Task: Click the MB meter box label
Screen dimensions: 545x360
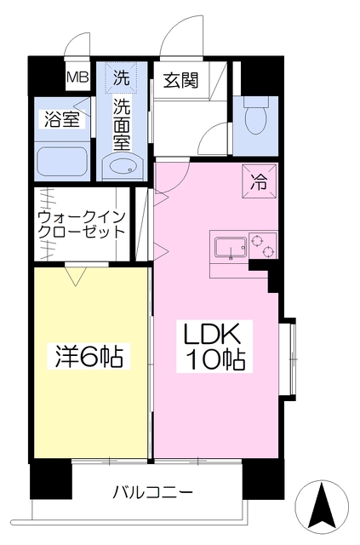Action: click(77, 77)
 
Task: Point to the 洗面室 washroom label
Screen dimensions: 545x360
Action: click(123, 122)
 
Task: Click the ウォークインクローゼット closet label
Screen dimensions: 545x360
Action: click(81, 223)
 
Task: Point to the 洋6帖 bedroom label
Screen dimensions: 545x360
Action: click(84, 357)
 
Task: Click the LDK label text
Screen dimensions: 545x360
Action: click(211, 333)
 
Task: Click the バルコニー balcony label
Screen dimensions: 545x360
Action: click(153, 492)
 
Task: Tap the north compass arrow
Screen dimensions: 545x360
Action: click(322, 508)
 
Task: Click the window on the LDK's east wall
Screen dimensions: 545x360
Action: click(289, 357)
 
